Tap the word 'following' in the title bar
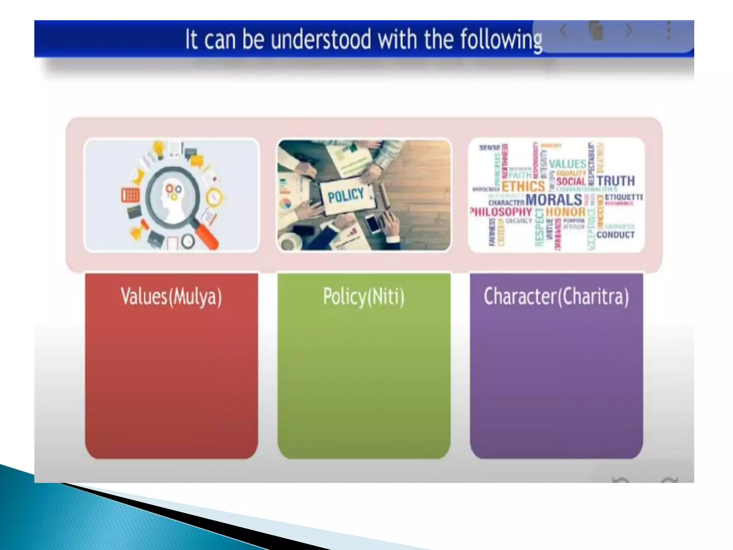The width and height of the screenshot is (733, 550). point(501,40)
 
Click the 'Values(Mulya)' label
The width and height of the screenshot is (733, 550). point(171,296)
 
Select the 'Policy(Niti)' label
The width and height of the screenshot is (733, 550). point(364,296)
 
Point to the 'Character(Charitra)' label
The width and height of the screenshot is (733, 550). point(556,296)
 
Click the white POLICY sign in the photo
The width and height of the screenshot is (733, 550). point(346,195)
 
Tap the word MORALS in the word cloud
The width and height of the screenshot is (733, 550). point(554,200)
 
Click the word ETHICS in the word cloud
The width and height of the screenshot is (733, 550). point(523,186)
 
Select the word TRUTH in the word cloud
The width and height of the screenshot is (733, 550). point(616,181)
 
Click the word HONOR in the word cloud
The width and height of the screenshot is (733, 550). point(565,212)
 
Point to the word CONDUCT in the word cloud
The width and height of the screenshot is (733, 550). point(615,235)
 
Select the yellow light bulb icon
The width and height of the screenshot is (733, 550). point(159,148)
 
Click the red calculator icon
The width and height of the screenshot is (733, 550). point(130,195)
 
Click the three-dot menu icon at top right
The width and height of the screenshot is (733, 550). point(668,30)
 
